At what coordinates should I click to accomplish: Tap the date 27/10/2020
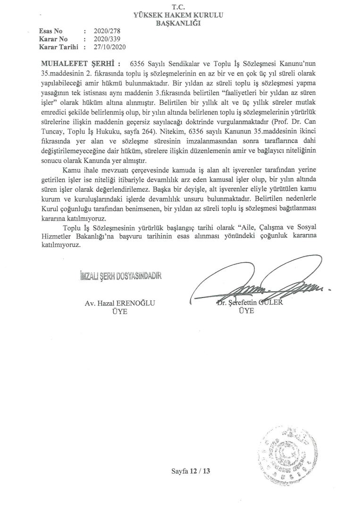[x=110, y=47]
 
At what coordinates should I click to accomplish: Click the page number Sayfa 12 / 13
[x=191, y=471]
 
